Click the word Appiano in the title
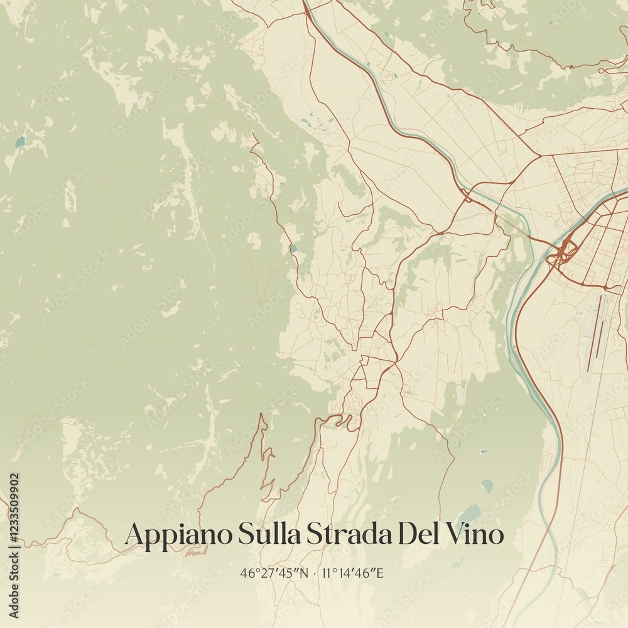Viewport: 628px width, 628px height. click(x=178, y=534)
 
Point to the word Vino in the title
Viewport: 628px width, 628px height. click(x=475, y=534)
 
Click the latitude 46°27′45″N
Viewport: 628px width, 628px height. click(x=274, y=573)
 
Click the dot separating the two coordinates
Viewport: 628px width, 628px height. click(x=315, y=573)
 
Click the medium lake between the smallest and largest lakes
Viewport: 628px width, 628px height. click(x=487, y=485)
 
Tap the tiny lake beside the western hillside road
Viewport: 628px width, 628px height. click(x=293, y=249)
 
